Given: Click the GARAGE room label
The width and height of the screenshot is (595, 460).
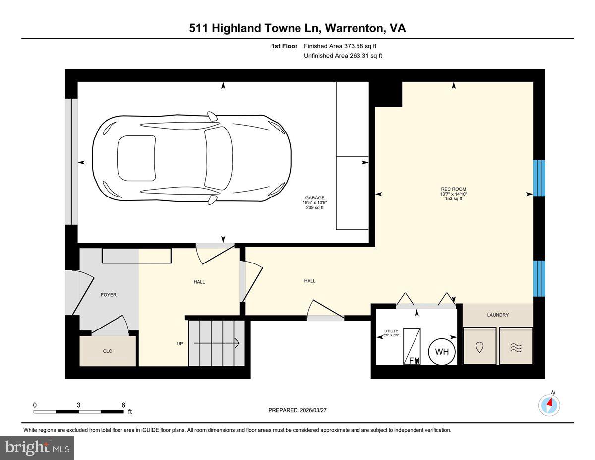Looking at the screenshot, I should pos(315,197).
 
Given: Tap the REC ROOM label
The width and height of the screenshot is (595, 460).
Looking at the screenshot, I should pos(453,189).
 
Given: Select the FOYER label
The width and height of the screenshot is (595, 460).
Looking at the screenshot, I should pos(109,295).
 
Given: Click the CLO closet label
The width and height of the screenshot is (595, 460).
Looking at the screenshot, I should pos(108,351).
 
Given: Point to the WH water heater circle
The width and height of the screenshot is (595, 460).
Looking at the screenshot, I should pos(441,352).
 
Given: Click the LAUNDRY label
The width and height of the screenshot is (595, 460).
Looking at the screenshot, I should pos(497,315).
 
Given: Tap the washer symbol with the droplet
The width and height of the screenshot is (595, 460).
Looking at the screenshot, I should pos(479,347).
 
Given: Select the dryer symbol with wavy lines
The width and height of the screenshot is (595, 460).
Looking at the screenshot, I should pos(516,347).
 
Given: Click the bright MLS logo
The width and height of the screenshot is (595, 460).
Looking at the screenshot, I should pos(37,448).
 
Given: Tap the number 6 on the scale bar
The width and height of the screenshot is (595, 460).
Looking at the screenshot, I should pos(123,405).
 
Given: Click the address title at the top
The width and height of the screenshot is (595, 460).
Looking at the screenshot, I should pos(297,28).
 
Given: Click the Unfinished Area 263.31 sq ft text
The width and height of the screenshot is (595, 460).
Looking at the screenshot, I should pos(343,56).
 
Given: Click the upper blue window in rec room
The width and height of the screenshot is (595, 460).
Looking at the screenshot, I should pos(539,178).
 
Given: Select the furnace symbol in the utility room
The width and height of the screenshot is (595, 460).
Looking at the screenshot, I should pos(412,346).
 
